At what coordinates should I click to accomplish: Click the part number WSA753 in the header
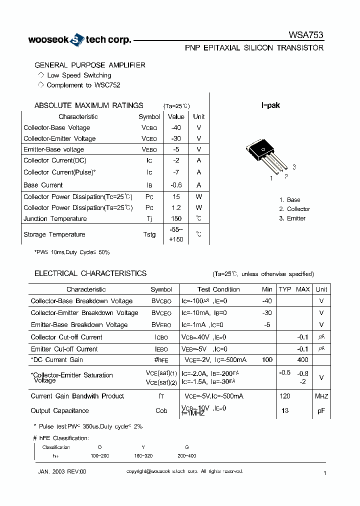[306, 35]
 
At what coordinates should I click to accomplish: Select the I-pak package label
[270, 105]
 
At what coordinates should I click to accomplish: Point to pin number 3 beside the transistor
[294, 167]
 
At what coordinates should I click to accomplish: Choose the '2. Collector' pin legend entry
[294, 209]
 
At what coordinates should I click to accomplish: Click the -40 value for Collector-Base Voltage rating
[176, 127]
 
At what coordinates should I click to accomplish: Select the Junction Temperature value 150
[176, 218]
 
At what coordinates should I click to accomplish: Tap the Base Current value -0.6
[176, 185]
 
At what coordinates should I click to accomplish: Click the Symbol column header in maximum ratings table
[149, 116]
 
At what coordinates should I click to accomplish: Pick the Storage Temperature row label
[54, 234]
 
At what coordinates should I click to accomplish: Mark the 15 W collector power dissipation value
[176, 196]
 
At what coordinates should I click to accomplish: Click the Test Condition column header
[218, 289]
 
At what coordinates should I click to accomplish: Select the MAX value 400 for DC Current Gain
[302, 360]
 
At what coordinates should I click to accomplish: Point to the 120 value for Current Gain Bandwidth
[285, 396]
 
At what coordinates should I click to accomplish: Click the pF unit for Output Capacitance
[321, 410]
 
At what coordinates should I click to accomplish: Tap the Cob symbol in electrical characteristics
[161, 410]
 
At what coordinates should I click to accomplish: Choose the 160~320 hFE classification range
[144, 456]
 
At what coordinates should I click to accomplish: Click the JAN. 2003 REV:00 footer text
[62, 471]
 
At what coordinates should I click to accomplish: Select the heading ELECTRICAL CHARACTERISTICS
[90, 273]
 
